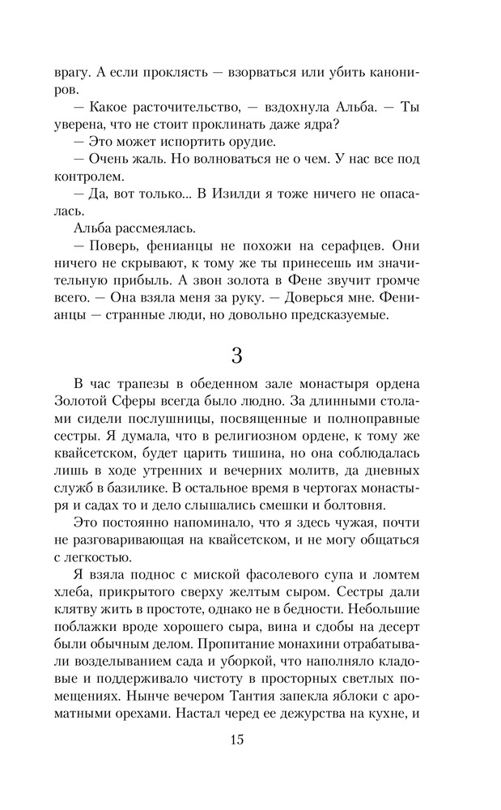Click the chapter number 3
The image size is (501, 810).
click(x=236, y=356)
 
